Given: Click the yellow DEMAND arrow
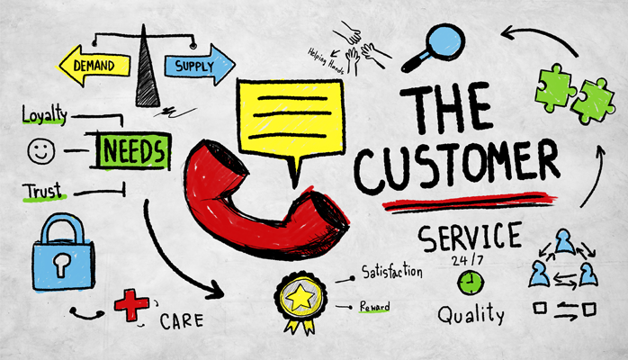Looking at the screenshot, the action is point(94,66).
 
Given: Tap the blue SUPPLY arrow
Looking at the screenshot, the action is point(200,66).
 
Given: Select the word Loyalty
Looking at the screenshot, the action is point(44,115).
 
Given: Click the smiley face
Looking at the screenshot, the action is point(41,151).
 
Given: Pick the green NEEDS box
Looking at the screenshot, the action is point(133,151).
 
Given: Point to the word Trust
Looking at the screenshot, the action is point(43,191).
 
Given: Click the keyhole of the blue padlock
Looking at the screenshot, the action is point(62,264).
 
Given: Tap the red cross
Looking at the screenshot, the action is point(131,305).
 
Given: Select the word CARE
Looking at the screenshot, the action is point(182,320).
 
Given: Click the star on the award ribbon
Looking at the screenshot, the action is point(301,298).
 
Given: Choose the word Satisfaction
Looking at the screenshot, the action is point(392,272).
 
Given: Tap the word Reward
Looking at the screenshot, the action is point(374,307).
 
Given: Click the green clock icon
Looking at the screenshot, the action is point(471,283).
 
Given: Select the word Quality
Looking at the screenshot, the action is point(471,315).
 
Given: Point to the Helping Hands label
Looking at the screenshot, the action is point(326,61).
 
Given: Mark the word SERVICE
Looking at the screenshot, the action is point(470,237).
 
